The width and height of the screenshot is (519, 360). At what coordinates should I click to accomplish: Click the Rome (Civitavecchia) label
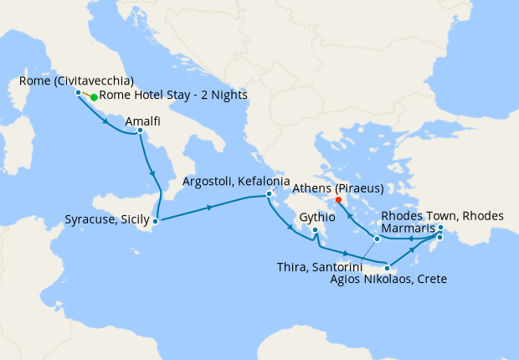pyautogui.click(x=75, y=81)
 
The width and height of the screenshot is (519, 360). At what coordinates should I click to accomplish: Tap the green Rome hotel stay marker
pyautogui.click(x=94, y=97)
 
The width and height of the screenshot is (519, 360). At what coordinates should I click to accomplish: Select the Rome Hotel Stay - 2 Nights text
pyautogui.click(x=173, y=95)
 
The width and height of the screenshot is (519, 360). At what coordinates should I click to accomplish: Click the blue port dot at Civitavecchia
pyautogui.click(x=78, y=92)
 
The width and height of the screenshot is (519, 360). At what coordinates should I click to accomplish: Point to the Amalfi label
pyautogui.click(x=143, y=121)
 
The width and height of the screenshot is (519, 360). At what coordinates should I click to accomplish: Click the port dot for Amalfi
pyautogui.click(x=140, y=131)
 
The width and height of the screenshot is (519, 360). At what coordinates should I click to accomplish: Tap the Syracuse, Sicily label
pyautogui.click(x=106, y=220)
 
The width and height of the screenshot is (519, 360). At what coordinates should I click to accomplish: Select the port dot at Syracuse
pyautogui.click(x=156, y=221)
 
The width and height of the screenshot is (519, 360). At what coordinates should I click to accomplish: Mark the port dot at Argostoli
pyautogui.click(x=269, y=195)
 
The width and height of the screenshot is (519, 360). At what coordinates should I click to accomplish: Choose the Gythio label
pyautogui.click(x=316, y=216)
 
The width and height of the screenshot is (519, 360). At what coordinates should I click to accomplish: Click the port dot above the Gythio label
pyautogui.click(x=316, y=230)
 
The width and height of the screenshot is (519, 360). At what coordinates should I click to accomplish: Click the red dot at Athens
pyautogui.click(x=338, y=200)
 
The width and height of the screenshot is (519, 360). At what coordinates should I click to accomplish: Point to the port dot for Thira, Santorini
pyautogui.click(x=377, y=239)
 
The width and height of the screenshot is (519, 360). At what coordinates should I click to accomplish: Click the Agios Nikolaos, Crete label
pyautogui.click(x=388, y=279)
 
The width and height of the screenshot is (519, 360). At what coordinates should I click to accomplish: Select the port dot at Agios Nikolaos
pyautogui.click(x=387, y=268)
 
